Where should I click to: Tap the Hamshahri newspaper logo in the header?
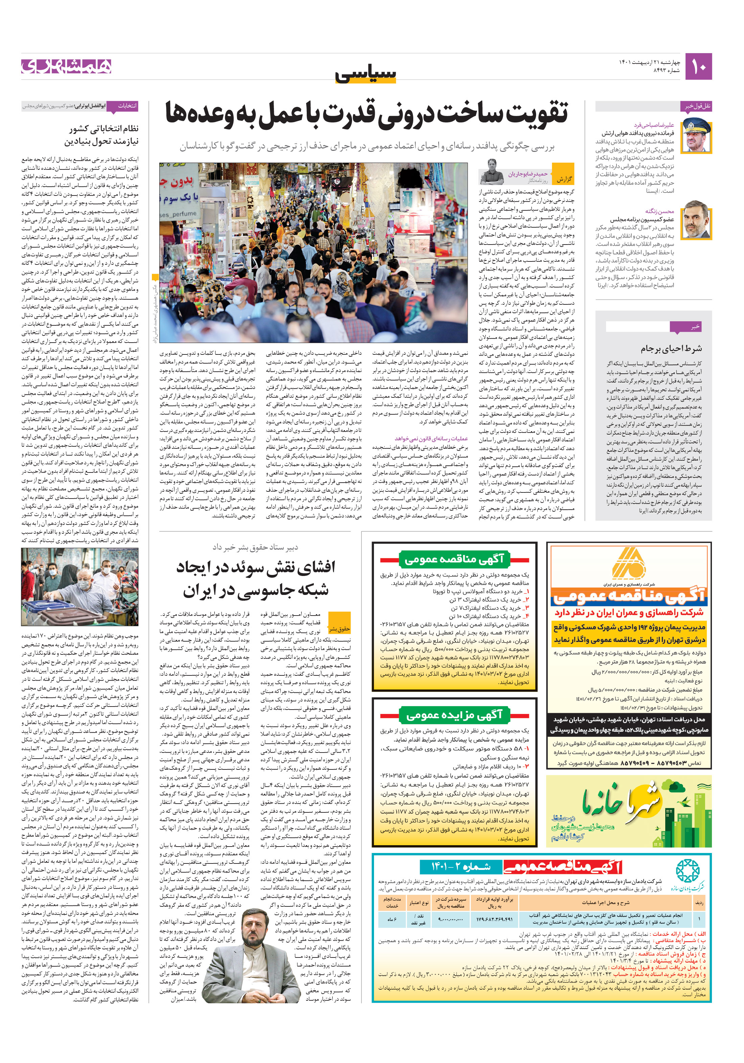[66, 66]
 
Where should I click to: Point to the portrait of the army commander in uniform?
[696, 135]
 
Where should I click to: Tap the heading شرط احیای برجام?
[671, 348]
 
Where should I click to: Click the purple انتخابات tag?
[126, 106]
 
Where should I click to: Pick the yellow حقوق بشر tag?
[339, 629]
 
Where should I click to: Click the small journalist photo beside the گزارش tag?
[492, 172]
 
